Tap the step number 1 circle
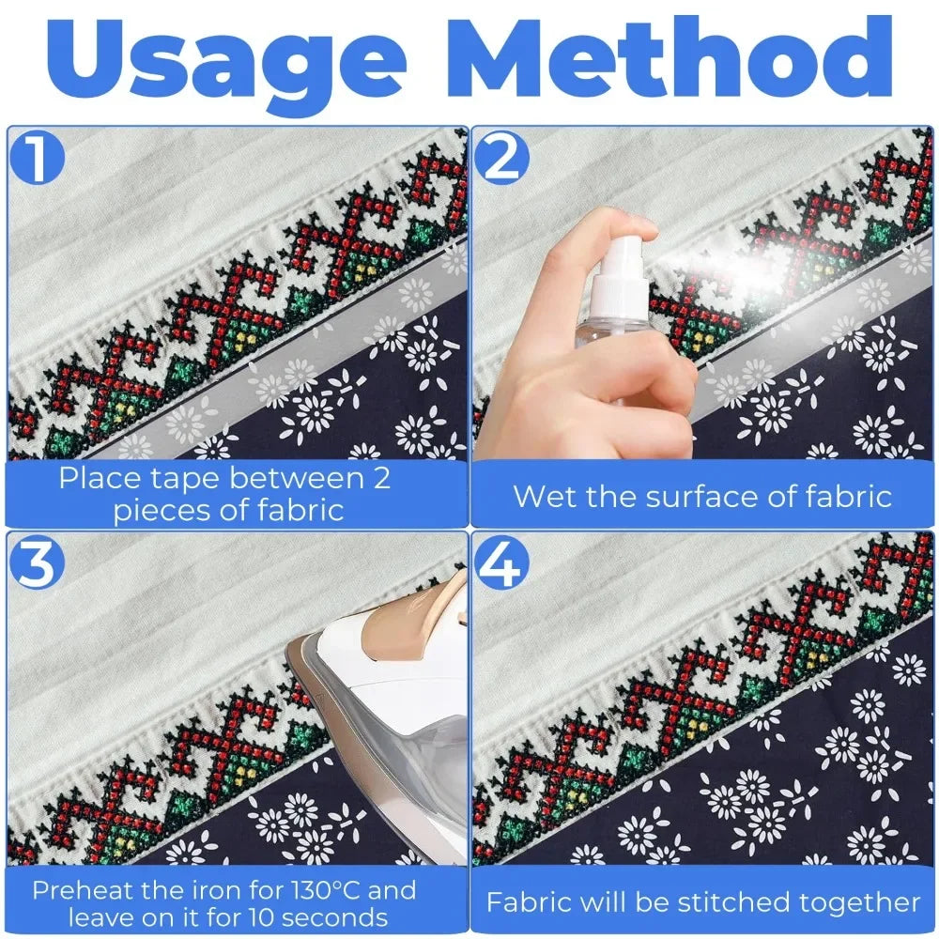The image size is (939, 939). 38,158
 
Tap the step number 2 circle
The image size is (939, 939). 502,158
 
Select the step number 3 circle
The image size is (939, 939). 38,563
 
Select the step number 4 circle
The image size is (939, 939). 502,563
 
